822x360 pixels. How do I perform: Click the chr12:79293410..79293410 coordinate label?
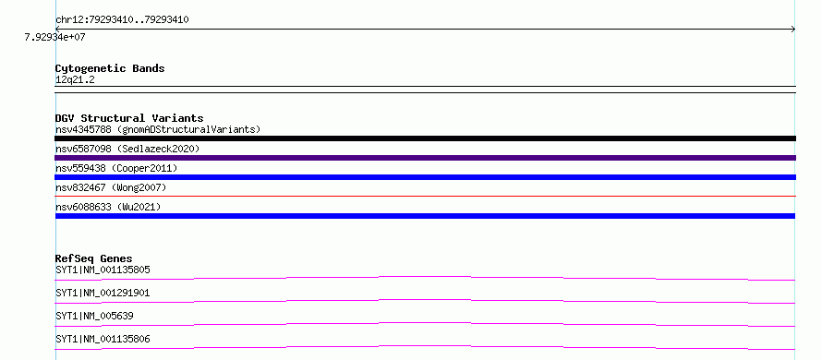pyautogui.click(x=122, y=20)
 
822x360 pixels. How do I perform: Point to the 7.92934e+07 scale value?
pyautogui.click(x=54, y=37)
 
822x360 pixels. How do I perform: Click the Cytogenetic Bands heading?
pyautogui.click(x=110, y=68)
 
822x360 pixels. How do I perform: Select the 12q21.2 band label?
pyautogui.click(x=75, y=80)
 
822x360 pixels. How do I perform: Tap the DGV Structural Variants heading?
pyautogui.click(x=129, y=118)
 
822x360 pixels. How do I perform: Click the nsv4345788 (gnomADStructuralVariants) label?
pyautogui.click(x=158, y=129)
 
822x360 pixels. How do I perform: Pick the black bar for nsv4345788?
pyautogui.click(x=425, y=138)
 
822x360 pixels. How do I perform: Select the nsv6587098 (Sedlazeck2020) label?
pyautogui.click(x=127, y=149)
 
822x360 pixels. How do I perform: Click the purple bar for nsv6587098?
pyautogui.click(x=425, y=158)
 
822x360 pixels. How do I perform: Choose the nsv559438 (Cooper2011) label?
pyautogui.click(x=116, y=168)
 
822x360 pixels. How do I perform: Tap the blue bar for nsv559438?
pyautogui.click(x=425, y=177)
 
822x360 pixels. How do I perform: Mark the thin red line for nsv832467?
pyautogui.click(x=425, y=196)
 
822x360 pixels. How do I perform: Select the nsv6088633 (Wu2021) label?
pyautogui.click(x=108, y=207)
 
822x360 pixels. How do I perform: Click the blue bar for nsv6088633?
pyautogui.click(x=425, y=216)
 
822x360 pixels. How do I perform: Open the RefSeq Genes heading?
pyautogui.click(x=94, y=258)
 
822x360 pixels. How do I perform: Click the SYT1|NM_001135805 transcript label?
pyautogui.click(x=103, y=270)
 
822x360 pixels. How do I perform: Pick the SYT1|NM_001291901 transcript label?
pyautogui.click(x=103, y=293)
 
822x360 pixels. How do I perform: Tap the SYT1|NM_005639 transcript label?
pyautogui.click(x=94, y=316)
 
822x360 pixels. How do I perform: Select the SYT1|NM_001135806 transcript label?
pyautogui.click(x=103, y=339)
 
